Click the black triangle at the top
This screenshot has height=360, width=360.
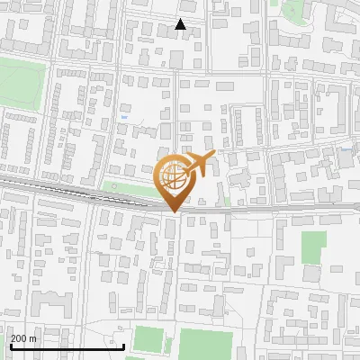pyautogui.click(x=181, y=24)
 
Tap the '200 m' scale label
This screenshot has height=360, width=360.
pyautogui.click(x=23, y=338)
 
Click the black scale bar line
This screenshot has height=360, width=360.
pyautogui.click(x=67, y=346)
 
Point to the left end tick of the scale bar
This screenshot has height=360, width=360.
pyautogui.click(x=11, y=343)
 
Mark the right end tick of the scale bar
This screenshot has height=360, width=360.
pyautogui.click(x=123, y=343)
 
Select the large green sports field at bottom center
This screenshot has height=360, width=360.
pyautogui.click(x=205, y=344)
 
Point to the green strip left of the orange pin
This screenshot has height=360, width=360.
pyautogui.click(x=126, y=188)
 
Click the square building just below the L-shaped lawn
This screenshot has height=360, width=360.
pyautogui.click(x=312, y=274)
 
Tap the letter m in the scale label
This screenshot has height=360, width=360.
pyautogui.click(x=32, y=338)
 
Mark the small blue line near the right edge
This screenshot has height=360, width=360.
pyautogui.click(x=346, y=148)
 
